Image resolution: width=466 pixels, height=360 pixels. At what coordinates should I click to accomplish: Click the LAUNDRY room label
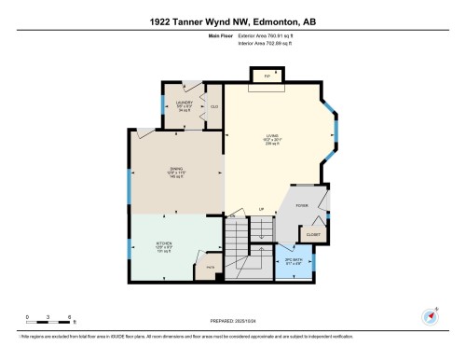coord(184,104)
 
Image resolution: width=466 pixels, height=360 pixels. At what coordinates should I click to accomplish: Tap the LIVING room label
coord(271,141)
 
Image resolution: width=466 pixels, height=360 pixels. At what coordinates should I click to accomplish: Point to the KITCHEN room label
coord(164,246)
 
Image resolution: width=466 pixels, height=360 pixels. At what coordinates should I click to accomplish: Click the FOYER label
coord(302,205)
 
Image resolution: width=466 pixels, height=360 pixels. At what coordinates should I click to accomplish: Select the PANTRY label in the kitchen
coord(211,267)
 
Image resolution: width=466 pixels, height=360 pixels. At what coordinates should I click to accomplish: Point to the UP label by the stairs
coord(262,209)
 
